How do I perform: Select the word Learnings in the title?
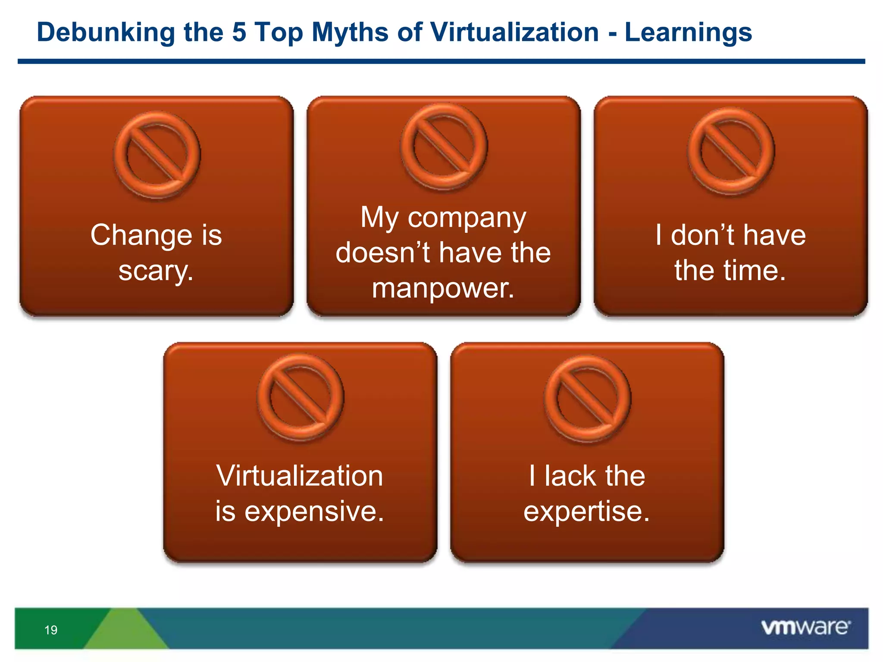click(688, 33)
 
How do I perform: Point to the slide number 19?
click(51, 630)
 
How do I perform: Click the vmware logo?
click(805, 628)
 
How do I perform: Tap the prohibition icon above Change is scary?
click(157, 155)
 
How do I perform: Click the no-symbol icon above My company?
click(444, 147)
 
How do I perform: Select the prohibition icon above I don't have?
click(731, 151)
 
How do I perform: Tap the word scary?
click(156, 272)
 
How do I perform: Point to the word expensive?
click(314, 512)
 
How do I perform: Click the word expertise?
click(586, 512)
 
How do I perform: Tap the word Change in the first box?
click(141, 235)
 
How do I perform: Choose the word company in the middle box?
click(467, 218)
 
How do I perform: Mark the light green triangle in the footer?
click(126, 630)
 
